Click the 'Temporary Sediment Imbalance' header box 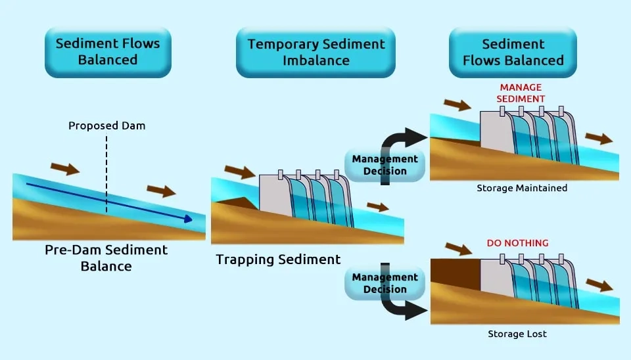coord(315,53)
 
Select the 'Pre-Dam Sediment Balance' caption coord(106,258)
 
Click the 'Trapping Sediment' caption coord(279,259)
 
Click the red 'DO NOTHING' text coord(517,243)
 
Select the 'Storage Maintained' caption coord(523,189)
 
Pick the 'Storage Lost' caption coord(517,334)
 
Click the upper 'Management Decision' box coord(385,165)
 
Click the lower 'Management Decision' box coord(385,283)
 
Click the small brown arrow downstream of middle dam coord(377,207)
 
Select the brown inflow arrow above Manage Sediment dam coord(457,104)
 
